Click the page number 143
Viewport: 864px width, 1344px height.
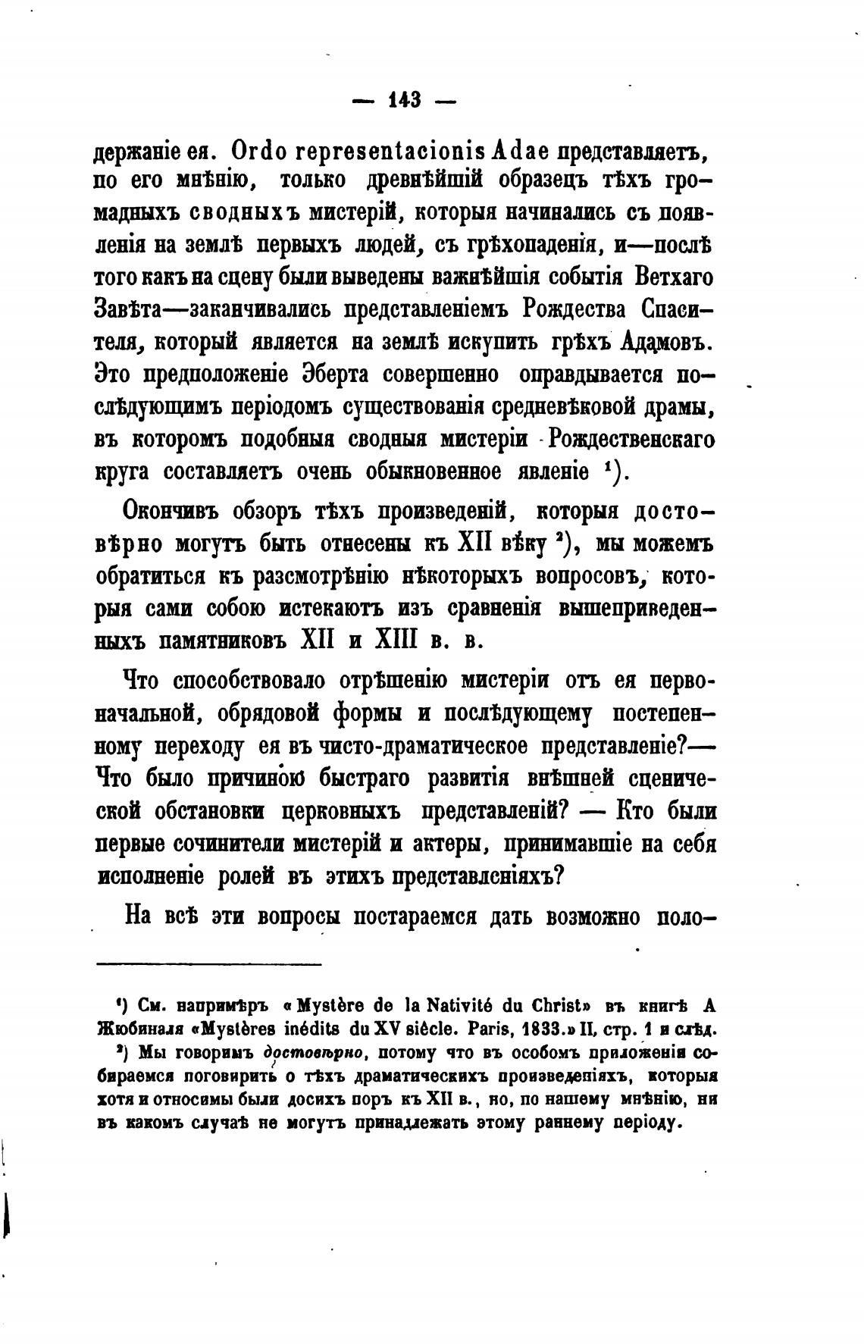404,99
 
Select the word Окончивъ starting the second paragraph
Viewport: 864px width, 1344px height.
171,512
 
